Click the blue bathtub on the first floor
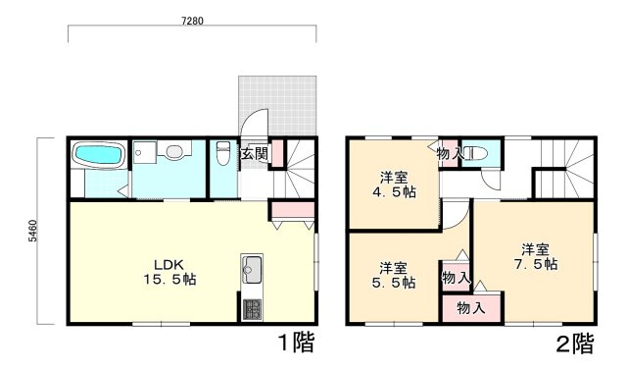point(99,154)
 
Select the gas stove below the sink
point(252,309)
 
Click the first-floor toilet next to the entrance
point(222,153)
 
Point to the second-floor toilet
point(476,153)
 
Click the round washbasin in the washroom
point(174,151)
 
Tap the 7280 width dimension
point(192,21)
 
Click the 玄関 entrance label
point(255,153)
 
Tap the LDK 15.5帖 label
point(169,272)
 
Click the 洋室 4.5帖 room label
point(394,185)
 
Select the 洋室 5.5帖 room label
point(394,275)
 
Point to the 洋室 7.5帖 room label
point(536,257)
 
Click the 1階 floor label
point(296,343)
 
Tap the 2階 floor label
point(575,344)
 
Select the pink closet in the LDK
point(293,211)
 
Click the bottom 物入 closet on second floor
point(471,308)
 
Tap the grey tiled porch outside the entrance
point(277,105)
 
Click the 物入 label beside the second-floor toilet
point(451,154)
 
